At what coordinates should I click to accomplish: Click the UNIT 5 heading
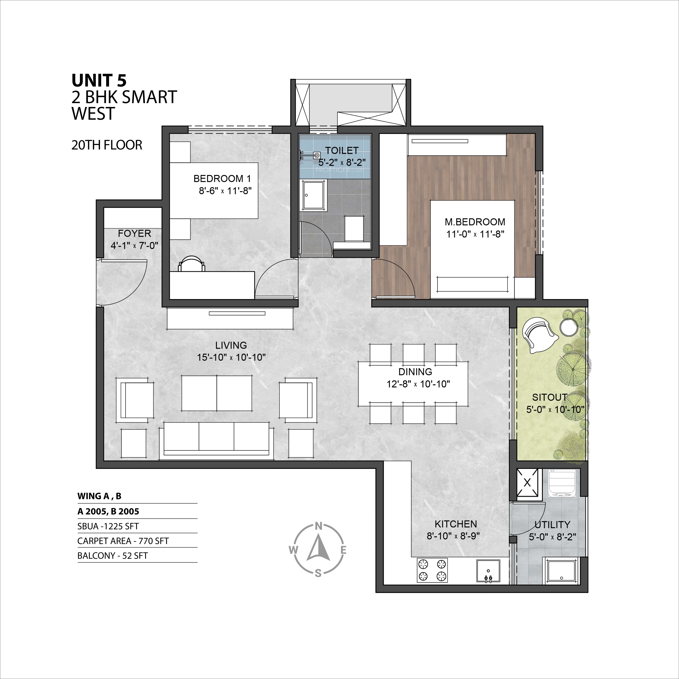coord(99,80)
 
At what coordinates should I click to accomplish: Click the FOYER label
coord(134,233)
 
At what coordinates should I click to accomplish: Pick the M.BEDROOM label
coord(475,222)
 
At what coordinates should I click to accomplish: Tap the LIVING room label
coord(231,345)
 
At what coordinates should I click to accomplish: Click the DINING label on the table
coord(415,372)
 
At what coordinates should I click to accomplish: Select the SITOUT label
coord(550,398)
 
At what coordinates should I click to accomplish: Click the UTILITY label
coord(552,525)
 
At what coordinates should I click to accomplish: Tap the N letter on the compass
coord(318,526)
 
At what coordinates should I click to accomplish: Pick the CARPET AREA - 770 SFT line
coord(123,541)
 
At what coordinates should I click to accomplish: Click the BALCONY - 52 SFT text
coord(113,556)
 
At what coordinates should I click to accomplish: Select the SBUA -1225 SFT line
coord(108,526)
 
